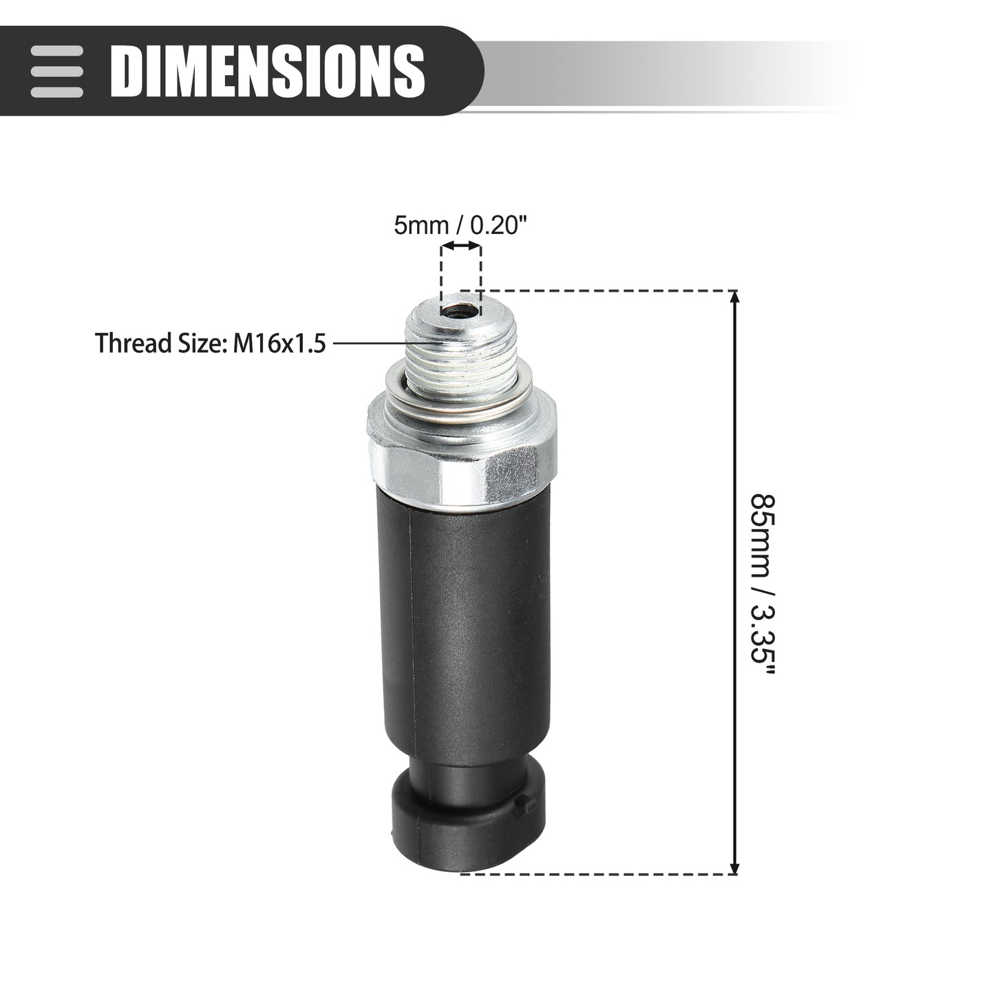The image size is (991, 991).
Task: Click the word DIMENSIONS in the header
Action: click(268, 71)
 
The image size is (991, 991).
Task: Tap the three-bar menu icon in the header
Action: click(56, 72)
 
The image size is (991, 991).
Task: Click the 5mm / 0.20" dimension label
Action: click(461, 225)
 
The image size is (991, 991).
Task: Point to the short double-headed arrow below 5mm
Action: click(461, 246)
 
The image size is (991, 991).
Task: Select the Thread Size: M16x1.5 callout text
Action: click(211, 343)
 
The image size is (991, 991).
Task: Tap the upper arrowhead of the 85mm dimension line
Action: click(735, 297)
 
